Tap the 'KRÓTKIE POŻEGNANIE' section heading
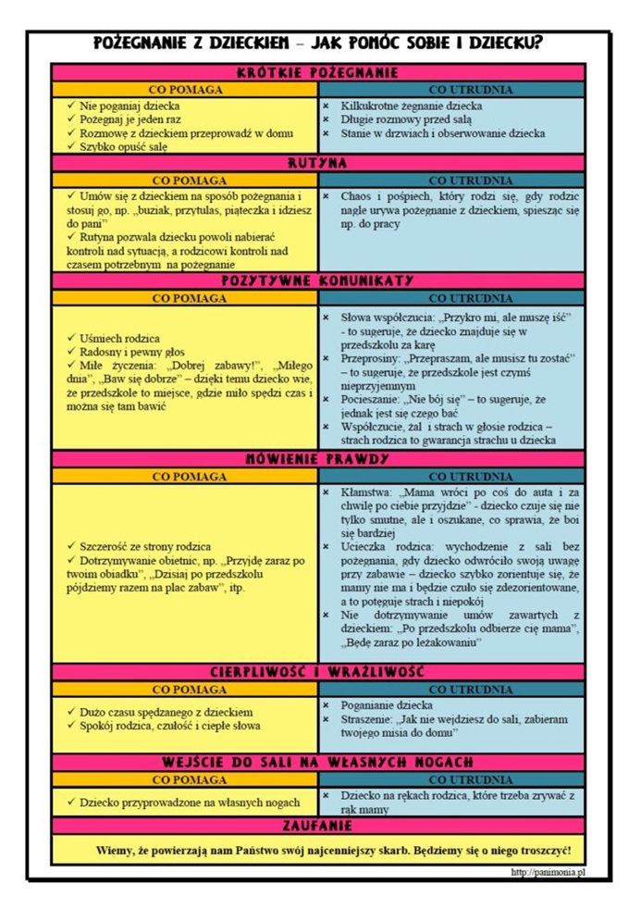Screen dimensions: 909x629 [317, 72]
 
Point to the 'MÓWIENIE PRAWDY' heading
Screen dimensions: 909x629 [317, 459]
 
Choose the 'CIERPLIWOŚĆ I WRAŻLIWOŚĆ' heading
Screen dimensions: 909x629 [317, 672]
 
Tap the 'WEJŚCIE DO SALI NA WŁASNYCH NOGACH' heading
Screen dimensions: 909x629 [317, 762]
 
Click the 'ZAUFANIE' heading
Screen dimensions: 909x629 [317, 825]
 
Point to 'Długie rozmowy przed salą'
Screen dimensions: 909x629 [407, 119]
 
